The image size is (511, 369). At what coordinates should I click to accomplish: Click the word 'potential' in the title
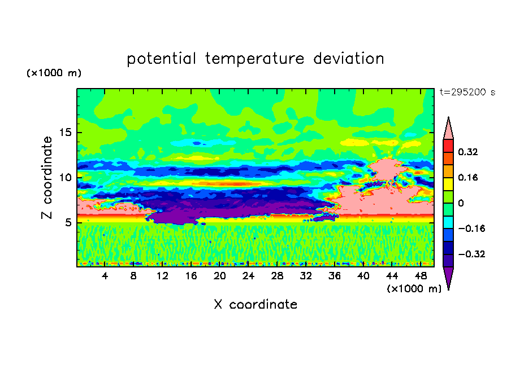pos(161,59)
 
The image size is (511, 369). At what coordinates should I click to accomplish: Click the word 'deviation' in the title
pos(349,58)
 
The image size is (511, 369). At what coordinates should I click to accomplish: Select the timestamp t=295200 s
pos(467,92)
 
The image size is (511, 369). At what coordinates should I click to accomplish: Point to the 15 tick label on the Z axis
pos(66,133)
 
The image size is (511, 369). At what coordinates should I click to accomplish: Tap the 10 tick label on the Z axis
pos(66,177)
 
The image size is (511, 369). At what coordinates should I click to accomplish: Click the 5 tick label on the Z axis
pos(68,222)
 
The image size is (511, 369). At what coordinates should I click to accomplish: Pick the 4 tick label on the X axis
pos(105,276)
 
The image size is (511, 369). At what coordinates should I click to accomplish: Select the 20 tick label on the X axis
pos(219,276)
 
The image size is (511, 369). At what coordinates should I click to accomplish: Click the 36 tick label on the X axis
pos(335,276)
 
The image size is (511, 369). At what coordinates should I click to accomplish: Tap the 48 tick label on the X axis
pos(421,276)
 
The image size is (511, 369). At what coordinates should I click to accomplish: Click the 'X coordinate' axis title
pos(255,304)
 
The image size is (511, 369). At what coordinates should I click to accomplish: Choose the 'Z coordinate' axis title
pos(47,178)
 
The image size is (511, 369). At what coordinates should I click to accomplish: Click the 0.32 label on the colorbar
pos(468,152)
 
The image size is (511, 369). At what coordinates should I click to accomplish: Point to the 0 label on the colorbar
pos(461,203)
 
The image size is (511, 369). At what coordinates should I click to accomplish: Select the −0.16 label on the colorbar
pos(471,229)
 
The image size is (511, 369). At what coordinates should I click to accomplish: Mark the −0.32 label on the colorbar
pos(471,254)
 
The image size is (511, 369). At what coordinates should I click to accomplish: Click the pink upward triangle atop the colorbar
pos(448,130)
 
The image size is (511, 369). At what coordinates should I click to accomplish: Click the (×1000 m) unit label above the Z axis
pos(54,73)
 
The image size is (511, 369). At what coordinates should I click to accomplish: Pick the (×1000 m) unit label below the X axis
pos(414,289)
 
